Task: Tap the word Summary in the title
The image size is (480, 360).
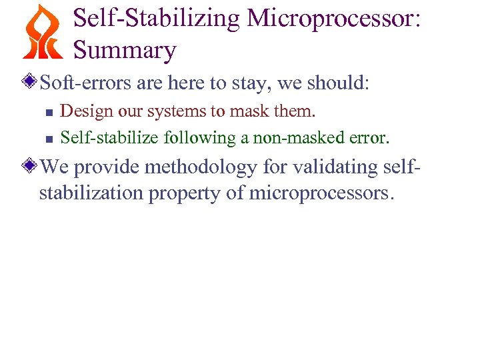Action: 125,50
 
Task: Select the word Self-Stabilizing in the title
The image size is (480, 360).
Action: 156,19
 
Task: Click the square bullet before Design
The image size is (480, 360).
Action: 48,111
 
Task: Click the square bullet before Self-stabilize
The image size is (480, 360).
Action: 48,139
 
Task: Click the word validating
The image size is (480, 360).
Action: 321,167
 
